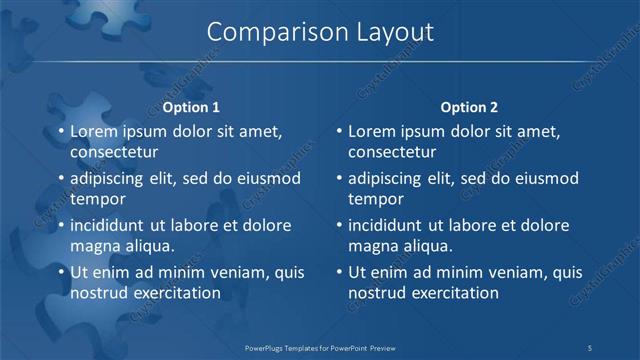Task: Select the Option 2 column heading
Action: click(469, 107)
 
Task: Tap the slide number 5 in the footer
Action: click(590, 346)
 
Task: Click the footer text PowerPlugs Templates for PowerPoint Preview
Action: click(320, 346)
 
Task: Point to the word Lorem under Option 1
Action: click(94, 131)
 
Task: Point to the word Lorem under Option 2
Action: click(372, 131)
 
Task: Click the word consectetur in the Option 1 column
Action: click(115, 152)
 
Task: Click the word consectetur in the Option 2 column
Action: click(392, 152)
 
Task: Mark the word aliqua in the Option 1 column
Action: click(147, 246)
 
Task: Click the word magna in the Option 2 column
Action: click(372, 246)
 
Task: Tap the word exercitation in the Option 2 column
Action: click(452, 293)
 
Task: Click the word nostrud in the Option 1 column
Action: click(98, 293)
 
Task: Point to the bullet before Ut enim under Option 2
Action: click(339, 272)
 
